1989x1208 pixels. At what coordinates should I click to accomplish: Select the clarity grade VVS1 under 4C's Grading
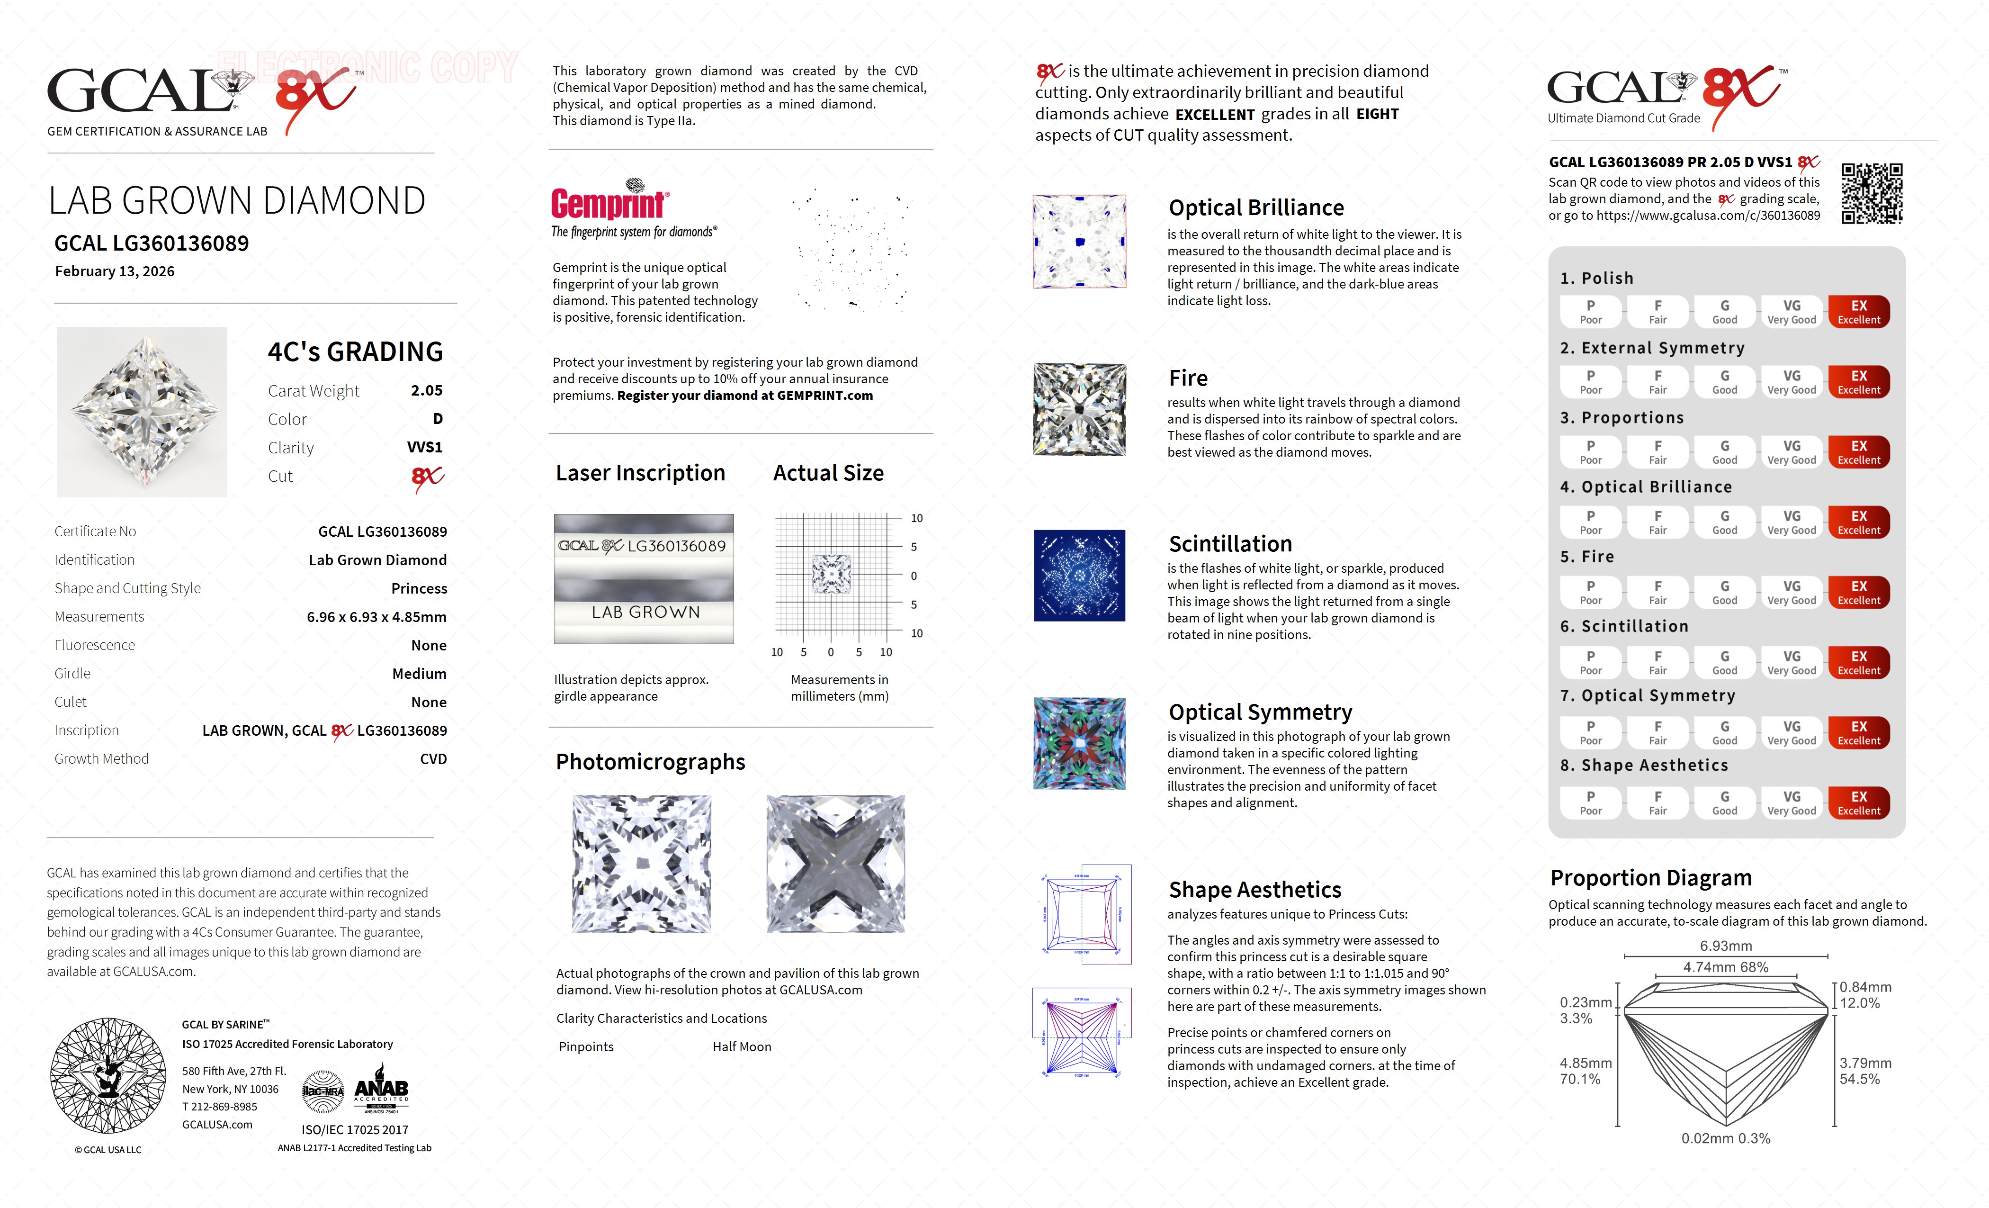[425, 447]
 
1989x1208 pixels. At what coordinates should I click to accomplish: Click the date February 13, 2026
[115, 271]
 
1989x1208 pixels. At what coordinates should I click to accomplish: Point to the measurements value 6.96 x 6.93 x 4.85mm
[376, 617]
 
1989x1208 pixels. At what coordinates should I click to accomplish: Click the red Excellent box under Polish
[1858, 312]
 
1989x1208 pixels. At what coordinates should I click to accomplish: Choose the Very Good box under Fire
[1791, 592]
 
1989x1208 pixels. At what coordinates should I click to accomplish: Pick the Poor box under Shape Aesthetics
[1590, 802]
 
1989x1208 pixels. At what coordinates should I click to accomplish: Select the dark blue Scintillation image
[1079, 576]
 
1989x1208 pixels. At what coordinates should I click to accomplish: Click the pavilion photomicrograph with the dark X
[835, 863]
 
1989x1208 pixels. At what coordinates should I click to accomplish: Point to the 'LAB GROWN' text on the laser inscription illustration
[645, 612]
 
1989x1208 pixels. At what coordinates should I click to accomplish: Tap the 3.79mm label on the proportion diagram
[1865, 1063]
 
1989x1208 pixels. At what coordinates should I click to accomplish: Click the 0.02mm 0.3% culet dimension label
[1726, 1138]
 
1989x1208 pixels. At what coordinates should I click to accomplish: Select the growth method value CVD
[433, 759]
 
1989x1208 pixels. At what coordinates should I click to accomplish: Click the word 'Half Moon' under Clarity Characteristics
[741, 1046]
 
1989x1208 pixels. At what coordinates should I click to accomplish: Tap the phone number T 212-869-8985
[220, 1106]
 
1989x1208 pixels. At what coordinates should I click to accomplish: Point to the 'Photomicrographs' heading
[650, 761]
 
